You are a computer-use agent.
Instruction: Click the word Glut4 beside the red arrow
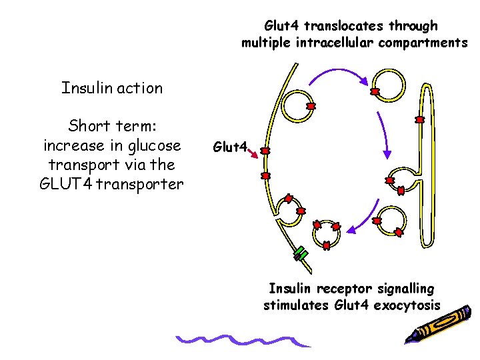click(229, 145)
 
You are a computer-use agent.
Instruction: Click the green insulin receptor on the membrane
click(301, 254)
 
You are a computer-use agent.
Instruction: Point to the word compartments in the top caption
click(423, 43)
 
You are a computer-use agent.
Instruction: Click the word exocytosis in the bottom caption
click(408, 305)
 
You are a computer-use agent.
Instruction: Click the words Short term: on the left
click(111, 126)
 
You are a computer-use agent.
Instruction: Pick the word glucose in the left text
click(149, 145)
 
